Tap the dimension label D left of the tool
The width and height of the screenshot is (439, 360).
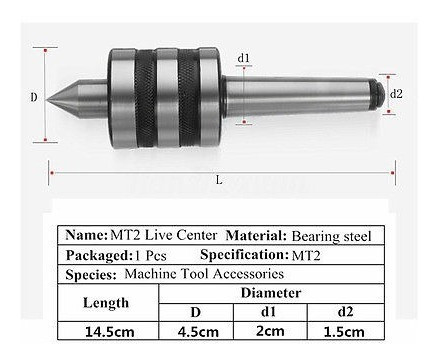point(34,97)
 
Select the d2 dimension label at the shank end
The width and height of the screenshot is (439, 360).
point(396,93)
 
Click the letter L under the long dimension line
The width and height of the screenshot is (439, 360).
point(218,180)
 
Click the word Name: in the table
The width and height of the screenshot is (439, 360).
point(86,235)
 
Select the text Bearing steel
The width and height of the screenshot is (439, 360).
point(331,236)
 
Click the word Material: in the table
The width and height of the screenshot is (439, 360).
point(254,235)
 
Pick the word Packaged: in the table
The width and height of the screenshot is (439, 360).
point(96,254)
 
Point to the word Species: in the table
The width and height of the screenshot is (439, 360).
point(91,273)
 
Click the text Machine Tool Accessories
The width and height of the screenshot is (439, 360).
point(204,273)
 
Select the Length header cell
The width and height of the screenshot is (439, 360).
point(105,302)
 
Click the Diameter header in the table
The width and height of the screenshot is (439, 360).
point(271,293)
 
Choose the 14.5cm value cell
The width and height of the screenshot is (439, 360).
point(105,331)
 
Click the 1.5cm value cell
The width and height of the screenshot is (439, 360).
point(345,331)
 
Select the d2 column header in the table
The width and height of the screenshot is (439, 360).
point(345,312)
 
